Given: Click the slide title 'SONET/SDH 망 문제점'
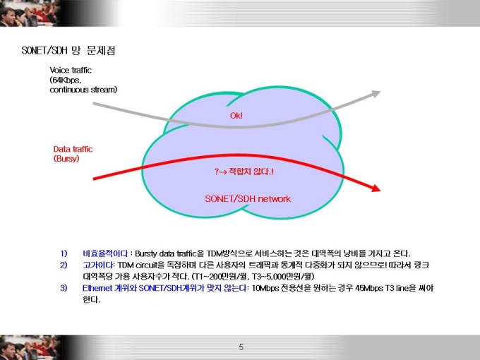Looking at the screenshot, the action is point(68,50).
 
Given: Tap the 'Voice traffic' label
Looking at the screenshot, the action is point(71,70).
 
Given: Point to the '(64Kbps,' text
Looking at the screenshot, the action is point(66,80).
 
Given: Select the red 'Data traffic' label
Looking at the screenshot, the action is point(73,149).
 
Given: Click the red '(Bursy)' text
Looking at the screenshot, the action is point(66,159).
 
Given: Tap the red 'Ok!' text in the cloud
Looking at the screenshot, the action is point(236,115).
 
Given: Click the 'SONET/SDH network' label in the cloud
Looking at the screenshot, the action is point(248,198).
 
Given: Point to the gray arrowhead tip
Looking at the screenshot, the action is point(380,91).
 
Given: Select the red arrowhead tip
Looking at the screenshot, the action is point(380,191).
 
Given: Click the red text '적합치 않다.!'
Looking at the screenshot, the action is point(251,171).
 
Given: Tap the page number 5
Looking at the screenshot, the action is point(241,347).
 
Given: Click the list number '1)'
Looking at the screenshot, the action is point(64,253).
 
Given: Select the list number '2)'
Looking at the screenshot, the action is point(64,265).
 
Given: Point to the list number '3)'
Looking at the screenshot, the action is point(64,288).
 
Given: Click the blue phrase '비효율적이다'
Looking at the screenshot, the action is point(105,253).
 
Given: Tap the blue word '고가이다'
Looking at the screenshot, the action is point(97,265).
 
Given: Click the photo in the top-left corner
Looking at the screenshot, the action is point(30,13).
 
